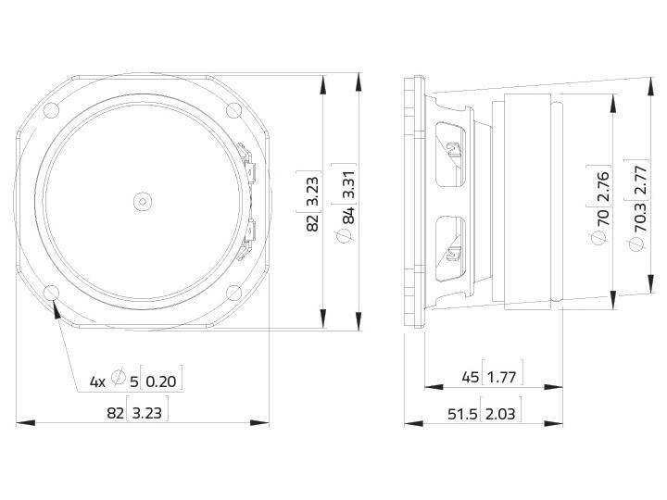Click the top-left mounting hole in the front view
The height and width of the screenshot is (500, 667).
[51, 110]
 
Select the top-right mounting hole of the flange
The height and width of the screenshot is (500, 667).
[234, 110]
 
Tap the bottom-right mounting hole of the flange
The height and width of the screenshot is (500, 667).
[234, 293]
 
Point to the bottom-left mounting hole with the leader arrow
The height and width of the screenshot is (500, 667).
[51, 293]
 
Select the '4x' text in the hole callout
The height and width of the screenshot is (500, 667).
[97, 381]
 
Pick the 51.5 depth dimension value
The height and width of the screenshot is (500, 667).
[460, 414]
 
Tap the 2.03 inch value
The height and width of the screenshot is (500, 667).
[501, 414]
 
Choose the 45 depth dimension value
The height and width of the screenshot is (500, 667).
[471, 376]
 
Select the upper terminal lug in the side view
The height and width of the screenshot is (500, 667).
[451, 149]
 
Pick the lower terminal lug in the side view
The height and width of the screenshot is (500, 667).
[451, 252]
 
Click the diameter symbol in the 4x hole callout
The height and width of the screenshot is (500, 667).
[119, 378]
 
